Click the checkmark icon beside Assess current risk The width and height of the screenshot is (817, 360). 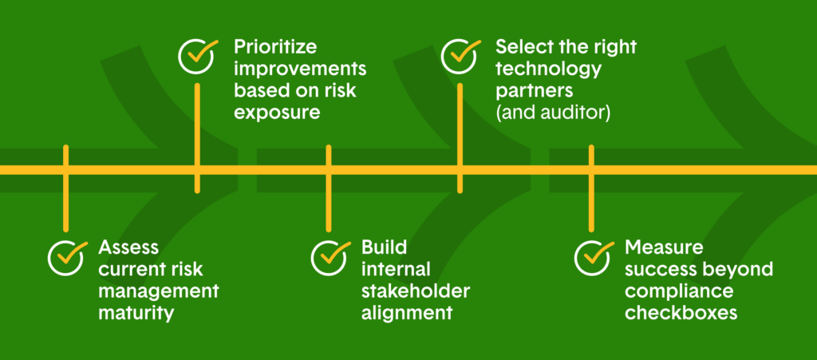pos(66,257)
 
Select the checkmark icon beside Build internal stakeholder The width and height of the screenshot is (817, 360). pos(330,257)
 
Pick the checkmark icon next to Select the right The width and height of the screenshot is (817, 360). pos(460,56)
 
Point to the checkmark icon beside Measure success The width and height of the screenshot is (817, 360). pos(593,257)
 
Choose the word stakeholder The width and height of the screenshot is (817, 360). pos(416,291)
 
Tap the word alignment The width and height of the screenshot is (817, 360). pos(406,315)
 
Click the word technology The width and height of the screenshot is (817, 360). pos(549,69)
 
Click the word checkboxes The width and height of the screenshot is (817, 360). pos(681,315)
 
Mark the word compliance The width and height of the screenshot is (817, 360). pos(679,292)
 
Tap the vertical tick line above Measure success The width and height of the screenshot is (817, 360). pos(591,188)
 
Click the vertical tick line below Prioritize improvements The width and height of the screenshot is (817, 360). pos(198,138)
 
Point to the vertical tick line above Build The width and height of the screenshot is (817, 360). pos(329,188)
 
